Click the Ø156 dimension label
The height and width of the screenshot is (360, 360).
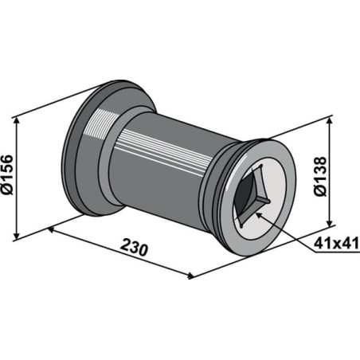coord(7,175)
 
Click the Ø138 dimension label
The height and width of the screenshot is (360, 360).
coord(320,176)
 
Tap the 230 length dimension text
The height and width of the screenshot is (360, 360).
coord(134,248)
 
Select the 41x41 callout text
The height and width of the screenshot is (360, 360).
coord(336,243)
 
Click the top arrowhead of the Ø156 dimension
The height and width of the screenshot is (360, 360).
coord(17,121)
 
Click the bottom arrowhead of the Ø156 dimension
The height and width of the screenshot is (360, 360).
coord(17,235)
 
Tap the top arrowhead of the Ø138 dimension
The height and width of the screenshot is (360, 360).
coord(330,121)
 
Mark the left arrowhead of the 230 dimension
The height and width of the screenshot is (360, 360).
coord(51,229)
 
